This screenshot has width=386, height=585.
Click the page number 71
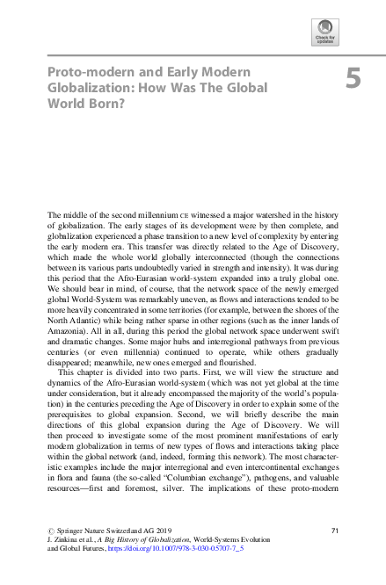(334, 530)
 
